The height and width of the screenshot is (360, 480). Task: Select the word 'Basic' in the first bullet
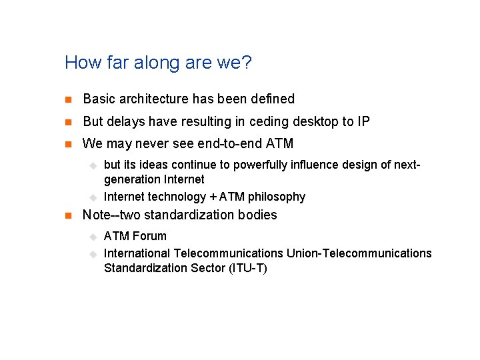click(99, 99)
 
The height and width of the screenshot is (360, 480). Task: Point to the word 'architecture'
click(154, 99)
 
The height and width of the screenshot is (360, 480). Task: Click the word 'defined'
click(273, 99)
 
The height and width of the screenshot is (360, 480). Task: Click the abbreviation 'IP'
click(363, 121)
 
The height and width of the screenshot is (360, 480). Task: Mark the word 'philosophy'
click(277, 197)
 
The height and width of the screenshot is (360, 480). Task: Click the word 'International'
click(137, 253)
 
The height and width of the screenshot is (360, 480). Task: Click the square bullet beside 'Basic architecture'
click(67, 99)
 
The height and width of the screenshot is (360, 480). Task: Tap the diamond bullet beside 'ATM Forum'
click(93, 237)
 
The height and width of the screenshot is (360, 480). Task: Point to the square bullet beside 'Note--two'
click(67, 215)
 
